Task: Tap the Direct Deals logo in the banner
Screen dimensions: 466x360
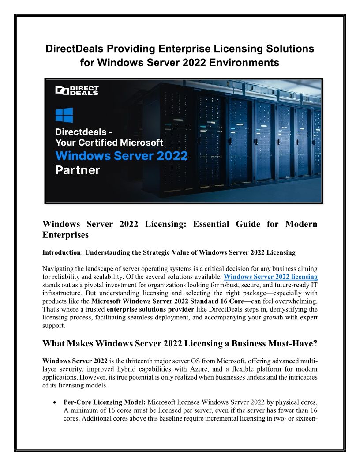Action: coord(77,90)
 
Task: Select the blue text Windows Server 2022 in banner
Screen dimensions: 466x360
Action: coord(121,155)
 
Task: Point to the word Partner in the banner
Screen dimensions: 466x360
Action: coord(78,170)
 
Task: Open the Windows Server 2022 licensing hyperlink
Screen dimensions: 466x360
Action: coord(270,277)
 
